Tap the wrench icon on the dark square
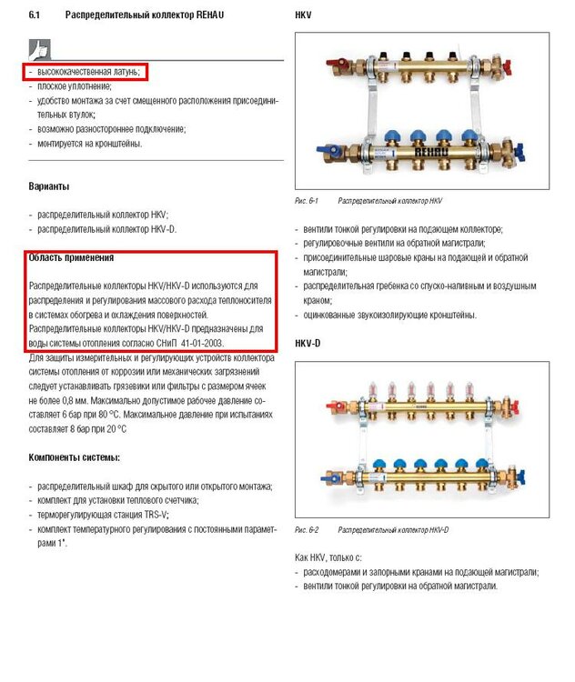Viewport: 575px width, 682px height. [40, 48]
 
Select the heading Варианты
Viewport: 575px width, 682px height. [49, 186]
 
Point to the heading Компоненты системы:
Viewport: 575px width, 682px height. [75, 456]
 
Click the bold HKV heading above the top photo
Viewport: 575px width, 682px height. [305, 15]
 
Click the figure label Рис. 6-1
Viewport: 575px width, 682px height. [307, 200]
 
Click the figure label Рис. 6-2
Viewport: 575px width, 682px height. [307, 529]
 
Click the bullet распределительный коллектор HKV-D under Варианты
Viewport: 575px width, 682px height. [102, 229]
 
